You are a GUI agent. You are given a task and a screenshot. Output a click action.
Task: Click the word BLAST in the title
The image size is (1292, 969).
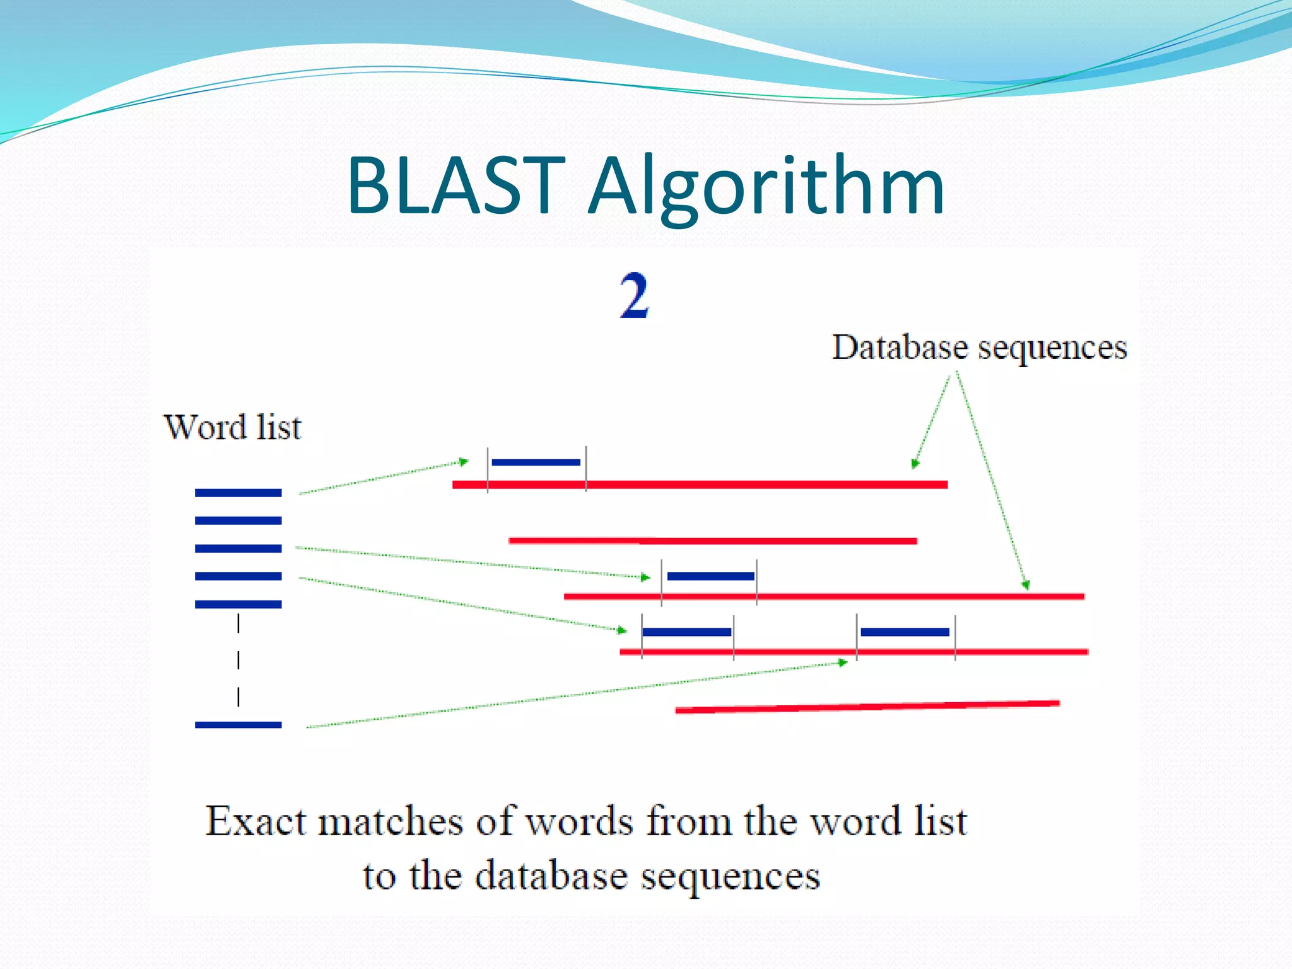click(x=455, y=186)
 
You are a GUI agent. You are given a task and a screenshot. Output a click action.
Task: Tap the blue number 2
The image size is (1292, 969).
click(x=634, y=295)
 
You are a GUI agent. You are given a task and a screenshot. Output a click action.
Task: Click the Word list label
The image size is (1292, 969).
click(x=232, y=427)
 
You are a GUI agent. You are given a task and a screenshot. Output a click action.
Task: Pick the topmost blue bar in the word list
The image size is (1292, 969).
click(x=238, y=493)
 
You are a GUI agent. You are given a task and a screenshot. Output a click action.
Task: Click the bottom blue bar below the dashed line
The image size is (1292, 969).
click(x=238, y=725)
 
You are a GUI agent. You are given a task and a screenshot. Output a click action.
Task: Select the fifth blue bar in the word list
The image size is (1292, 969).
click(x=238, y=604)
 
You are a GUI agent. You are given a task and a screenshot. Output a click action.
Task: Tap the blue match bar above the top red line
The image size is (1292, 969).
click(x=536, y=462)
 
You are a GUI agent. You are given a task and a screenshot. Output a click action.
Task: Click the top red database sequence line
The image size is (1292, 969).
click(x=700, y=484)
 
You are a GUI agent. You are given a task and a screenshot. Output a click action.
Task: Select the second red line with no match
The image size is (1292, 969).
click(x=713, y=541)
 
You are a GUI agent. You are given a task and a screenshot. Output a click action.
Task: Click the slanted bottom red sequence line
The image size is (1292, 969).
click(x=867, y=707)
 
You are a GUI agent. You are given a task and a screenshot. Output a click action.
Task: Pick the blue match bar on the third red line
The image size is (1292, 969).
click(x=710, y=576)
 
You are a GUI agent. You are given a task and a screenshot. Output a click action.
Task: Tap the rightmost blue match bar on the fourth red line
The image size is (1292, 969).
click(x=905, y=632)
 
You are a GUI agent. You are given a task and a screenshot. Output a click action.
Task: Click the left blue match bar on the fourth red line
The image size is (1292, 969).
click(x=687, y=632)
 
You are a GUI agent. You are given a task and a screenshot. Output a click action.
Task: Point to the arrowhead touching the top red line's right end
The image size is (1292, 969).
click(x=915, y=464)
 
